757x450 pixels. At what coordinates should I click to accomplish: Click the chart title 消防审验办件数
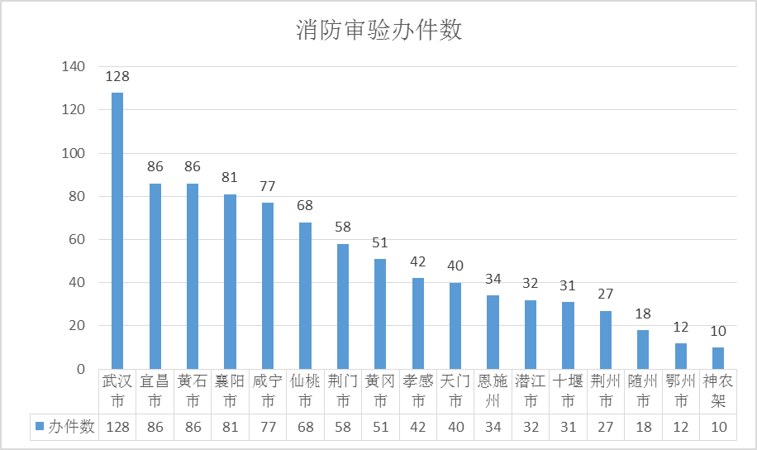pos(379,30)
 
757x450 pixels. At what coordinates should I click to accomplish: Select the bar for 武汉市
pos(117,231)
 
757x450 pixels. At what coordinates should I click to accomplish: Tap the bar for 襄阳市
pos(230,282)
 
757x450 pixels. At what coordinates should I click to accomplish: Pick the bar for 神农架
pos(718,358)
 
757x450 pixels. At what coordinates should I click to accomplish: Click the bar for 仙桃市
pos(305,296)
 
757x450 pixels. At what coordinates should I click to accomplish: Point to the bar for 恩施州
pos(493,332)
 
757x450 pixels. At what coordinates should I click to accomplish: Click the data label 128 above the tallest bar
pos(117,76)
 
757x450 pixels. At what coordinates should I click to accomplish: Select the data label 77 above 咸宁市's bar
pos(268,186)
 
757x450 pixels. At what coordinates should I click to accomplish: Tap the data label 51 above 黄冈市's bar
pos(380,242)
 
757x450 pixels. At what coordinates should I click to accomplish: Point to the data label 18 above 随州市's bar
pos(643,314)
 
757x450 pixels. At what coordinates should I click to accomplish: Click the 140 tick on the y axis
pos(74,66)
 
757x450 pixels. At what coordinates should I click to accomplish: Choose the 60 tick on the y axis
pos(77,239)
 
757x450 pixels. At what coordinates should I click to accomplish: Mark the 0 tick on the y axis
pos(81,369)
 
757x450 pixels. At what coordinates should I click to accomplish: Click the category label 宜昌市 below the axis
pos(155,391)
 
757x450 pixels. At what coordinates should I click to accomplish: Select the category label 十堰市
pos(568,391)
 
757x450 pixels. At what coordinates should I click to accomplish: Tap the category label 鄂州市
pos(681,391)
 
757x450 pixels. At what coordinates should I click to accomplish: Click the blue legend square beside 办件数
pos(40,426)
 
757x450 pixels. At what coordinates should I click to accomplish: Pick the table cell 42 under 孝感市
pos(418,428)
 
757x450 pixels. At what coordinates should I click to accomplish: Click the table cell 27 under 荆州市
pos(606,428)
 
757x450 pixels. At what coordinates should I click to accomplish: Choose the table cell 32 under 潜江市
pos(531,428)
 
